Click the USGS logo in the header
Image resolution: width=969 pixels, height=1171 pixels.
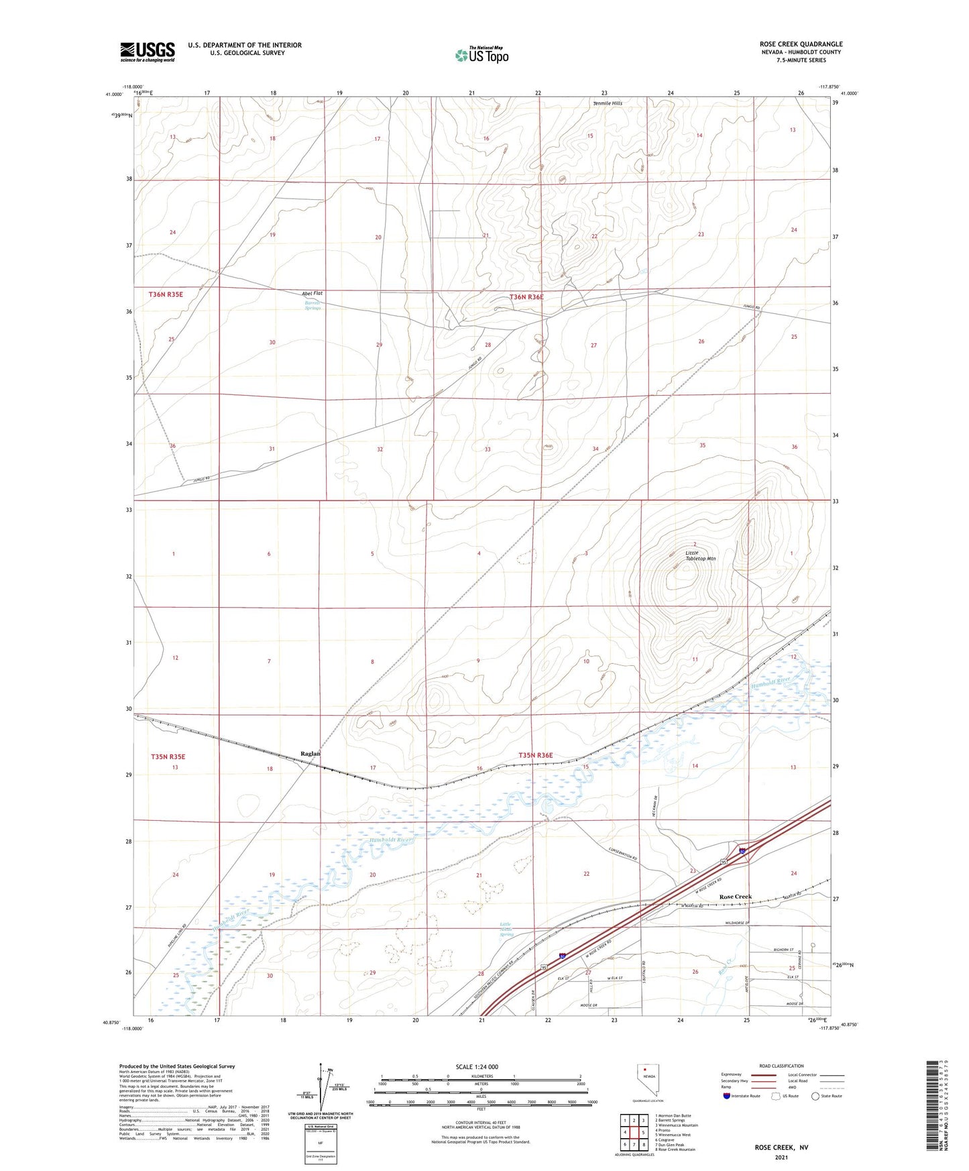click(x=148, y=52)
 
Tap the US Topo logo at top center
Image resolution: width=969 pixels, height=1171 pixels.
click(x=481, y=55)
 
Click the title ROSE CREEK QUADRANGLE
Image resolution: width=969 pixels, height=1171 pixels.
click(x=797, y=44)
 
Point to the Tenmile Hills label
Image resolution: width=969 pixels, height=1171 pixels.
click(x=608, y=103)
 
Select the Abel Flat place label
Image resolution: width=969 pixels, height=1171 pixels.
click(x=312, y=294)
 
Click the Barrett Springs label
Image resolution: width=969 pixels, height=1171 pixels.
click(x=312, y=305)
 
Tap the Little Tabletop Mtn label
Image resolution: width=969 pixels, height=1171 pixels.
click(x=700, y=555)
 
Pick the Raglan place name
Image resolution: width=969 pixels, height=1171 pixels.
click(x=310, y=754)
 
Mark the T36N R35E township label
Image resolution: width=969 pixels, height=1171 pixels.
click(x=166, y=294)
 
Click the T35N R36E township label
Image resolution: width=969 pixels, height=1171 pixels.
click(x=535, y=755)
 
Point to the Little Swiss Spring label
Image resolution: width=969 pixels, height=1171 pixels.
click(x=506, y=929)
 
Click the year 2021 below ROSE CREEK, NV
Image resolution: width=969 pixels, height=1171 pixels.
click(x=781, y=1158)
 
